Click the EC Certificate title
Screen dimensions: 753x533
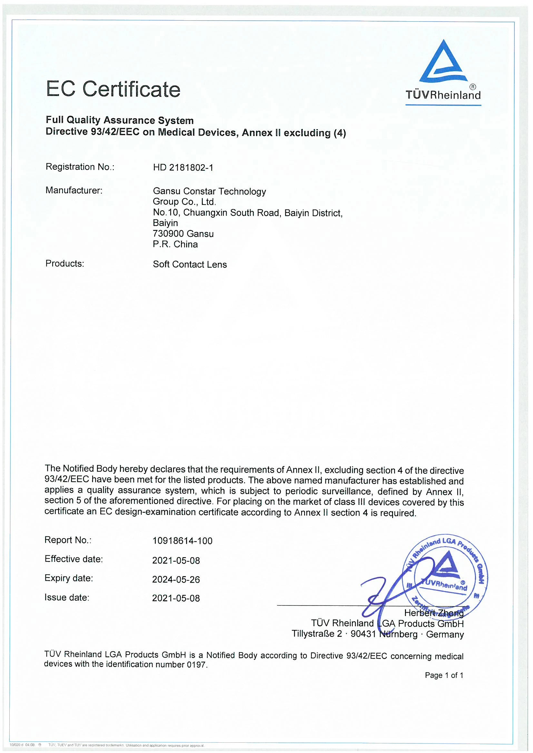(x=113, y=89)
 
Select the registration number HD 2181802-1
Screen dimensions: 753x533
(x=183, y=167)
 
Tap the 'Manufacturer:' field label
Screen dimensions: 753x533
(x=74, y=190)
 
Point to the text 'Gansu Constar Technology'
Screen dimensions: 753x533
(x=209, y=191)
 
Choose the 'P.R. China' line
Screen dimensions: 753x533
(x=175, y=244)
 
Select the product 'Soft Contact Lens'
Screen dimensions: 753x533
(x=190, y=264)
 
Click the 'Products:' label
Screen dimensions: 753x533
(x=65, y=263)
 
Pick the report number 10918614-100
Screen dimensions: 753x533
(x=182, y=541)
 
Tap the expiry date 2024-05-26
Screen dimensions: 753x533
(x=176, y=579)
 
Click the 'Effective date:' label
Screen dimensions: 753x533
(x=74, y=559)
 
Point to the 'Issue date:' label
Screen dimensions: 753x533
(x=67, y=597)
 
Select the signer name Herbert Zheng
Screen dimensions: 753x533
(x=433, y=613)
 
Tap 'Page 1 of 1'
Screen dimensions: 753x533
(x=444, y=675)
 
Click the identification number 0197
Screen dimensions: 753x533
(x=196, y=665)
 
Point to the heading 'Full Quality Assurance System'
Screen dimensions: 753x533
(x=120, y=120)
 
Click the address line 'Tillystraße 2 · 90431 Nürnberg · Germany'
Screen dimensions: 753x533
(x=378, y=634)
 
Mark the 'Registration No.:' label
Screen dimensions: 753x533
(x=80, y=167)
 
